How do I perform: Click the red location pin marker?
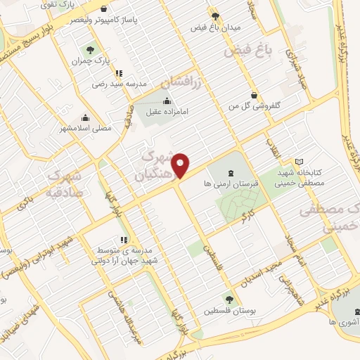[x=181, y=165]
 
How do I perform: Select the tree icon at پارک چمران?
[x=90, y=50]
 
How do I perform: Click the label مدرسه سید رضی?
[x=119, y=84]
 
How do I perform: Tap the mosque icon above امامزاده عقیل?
[x=166, y=101]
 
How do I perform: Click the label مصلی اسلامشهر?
[x=86, y=129]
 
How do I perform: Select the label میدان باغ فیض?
[x=216, y=27]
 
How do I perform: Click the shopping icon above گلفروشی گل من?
[x=254, y=94]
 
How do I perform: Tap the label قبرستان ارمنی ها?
[x=232, y=184]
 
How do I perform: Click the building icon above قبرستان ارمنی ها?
[x=232, y=173]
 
